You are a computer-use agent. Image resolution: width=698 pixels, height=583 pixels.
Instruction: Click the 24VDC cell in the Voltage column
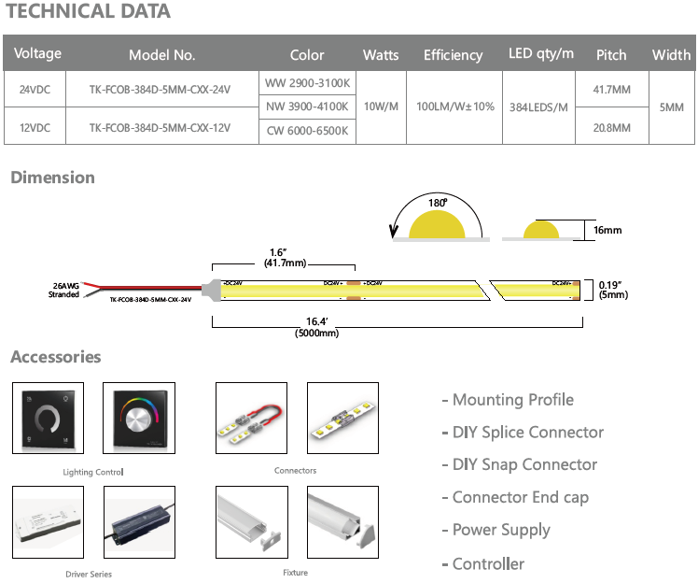click(x=35, y=90)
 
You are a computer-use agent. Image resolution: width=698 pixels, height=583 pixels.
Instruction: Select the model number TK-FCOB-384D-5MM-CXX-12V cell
click(x=160, y=127)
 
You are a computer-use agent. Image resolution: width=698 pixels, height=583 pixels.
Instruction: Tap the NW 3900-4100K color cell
click(x=307, y=107)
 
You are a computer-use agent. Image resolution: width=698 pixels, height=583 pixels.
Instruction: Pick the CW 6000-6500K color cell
click(x=307, y=131)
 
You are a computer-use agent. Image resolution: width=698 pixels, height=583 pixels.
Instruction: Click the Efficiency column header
click(x=453, y=55)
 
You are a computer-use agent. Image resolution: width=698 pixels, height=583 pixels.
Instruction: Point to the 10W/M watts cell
click(x=381, y=107)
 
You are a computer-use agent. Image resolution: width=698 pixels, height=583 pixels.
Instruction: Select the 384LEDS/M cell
click(x=538, y=107)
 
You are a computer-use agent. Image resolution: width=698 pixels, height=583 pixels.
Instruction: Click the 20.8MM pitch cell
click(x=611, y=127)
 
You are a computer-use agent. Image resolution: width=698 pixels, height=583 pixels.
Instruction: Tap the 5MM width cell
click(x=671, y=107)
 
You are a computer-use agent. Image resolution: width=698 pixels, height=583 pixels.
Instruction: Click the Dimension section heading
click(x=52, y=178)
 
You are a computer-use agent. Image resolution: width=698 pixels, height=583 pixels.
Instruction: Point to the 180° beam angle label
click(x=438, y=202)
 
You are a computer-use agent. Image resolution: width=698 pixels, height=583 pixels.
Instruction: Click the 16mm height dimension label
click(x=607, y=230)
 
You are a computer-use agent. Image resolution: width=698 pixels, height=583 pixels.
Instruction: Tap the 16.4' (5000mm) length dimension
click(x=316, y=328)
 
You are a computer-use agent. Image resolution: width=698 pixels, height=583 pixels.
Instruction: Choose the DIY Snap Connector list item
click(x=519, y=464)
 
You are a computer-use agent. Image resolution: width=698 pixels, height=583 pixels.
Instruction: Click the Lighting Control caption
click(x=92, y=473)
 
